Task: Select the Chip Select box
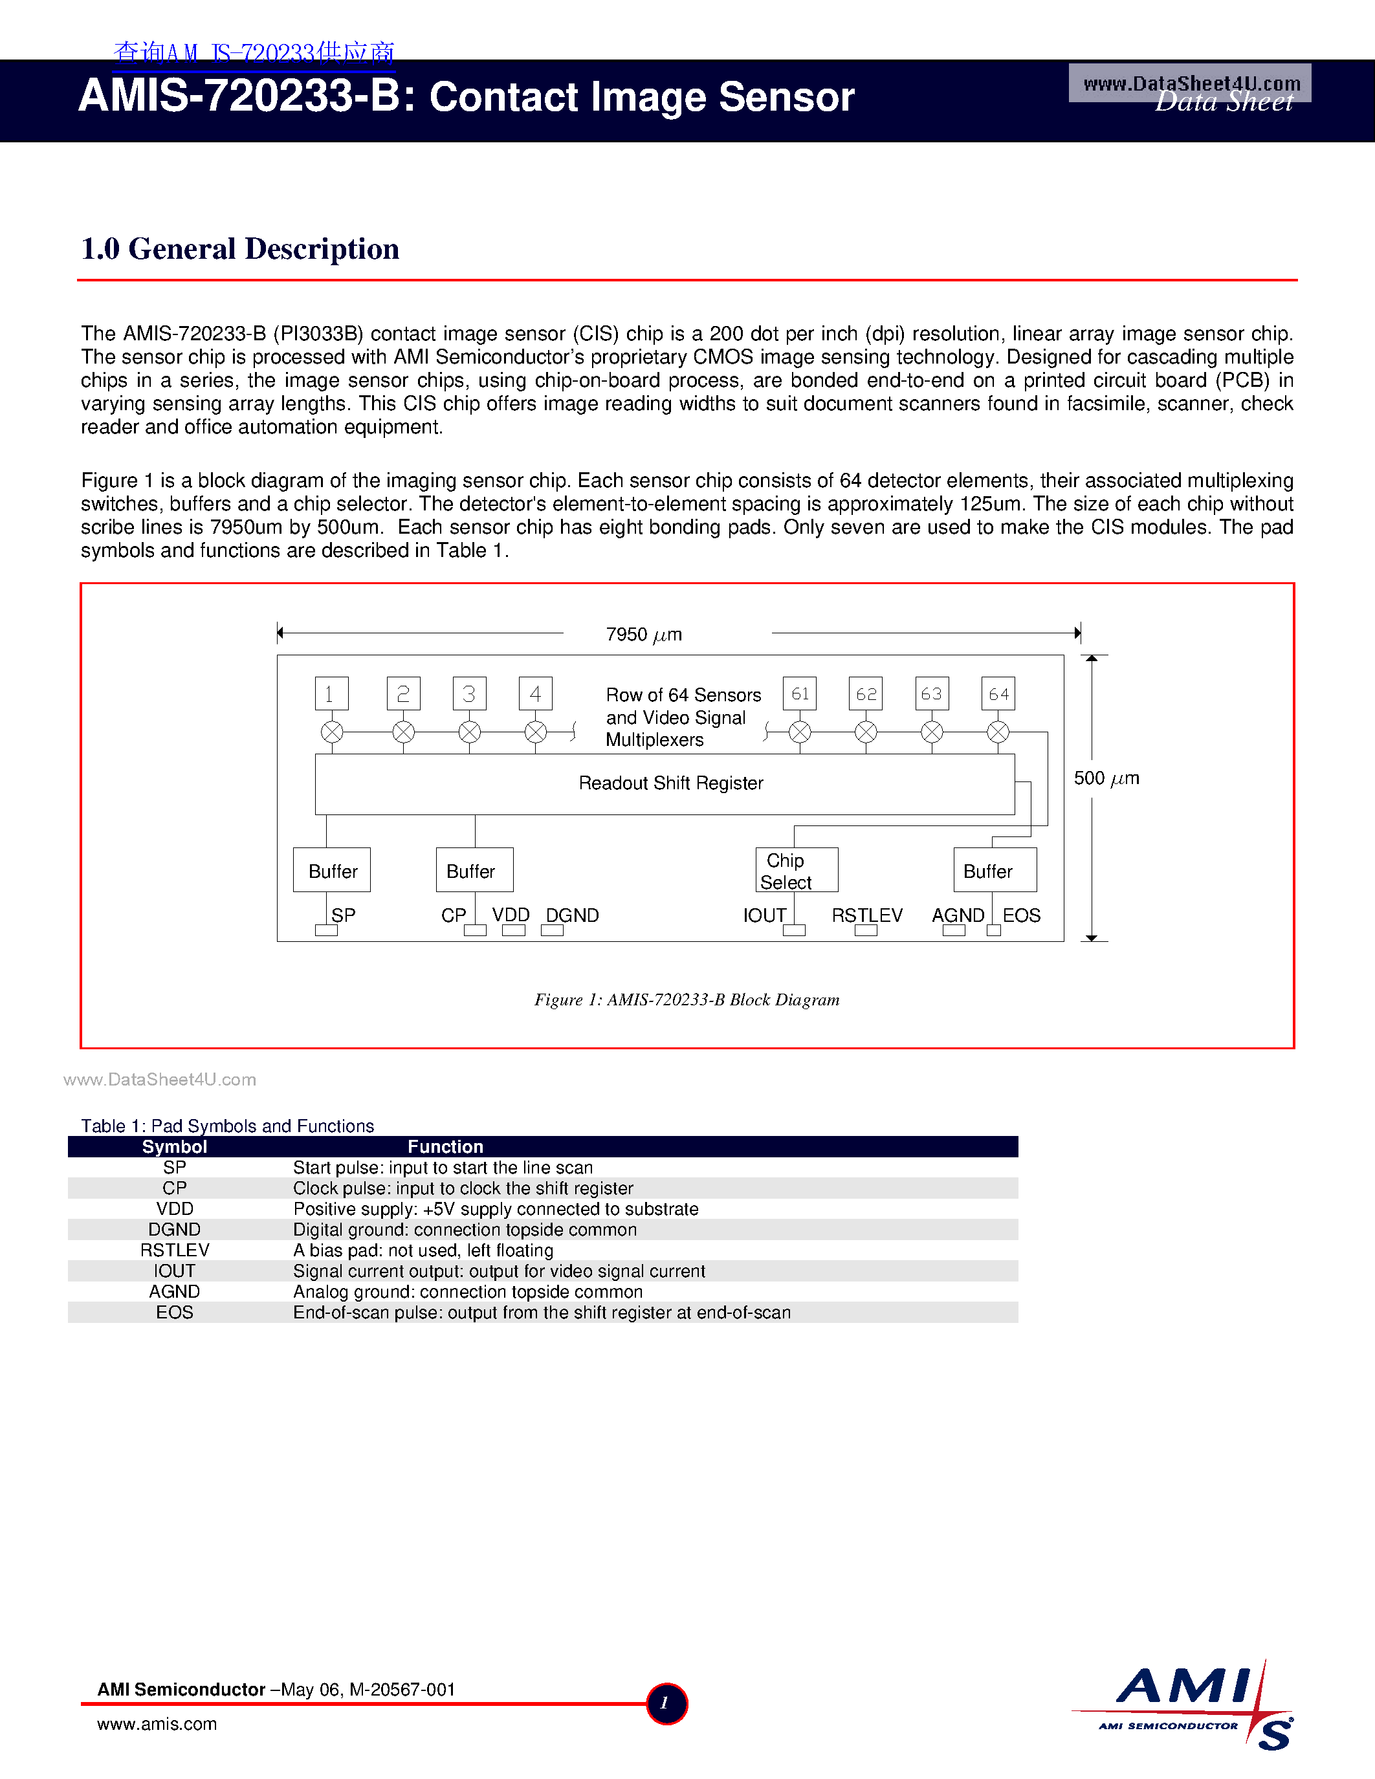point(796,870)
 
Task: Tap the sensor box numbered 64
point(998,694)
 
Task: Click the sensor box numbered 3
point(469,694)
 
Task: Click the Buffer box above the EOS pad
point(995,870)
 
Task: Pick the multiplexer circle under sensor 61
point(800,732)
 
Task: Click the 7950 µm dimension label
point(644,635)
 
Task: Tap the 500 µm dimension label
point(1105,779)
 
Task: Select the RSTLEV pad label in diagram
point(866,915)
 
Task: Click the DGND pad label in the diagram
point(572,915)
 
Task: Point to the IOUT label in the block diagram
point(764,915)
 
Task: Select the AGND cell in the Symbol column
point(174,1292)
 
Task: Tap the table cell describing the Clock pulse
point(463,1188)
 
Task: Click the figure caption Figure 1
point(686,999)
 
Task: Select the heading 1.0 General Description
point(240,249)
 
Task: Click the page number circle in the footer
point(666,1703)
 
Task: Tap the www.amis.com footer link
point(157,1725)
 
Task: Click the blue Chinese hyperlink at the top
point(254,53)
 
